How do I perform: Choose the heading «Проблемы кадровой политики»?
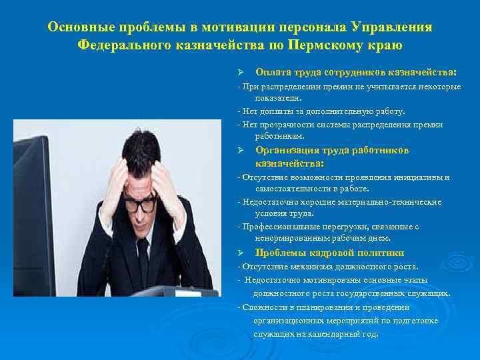click(329, 253)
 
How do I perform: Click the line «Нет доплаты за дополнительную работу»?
click(323, 111)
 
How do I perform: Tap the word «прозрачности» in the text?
click(279, 125)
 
